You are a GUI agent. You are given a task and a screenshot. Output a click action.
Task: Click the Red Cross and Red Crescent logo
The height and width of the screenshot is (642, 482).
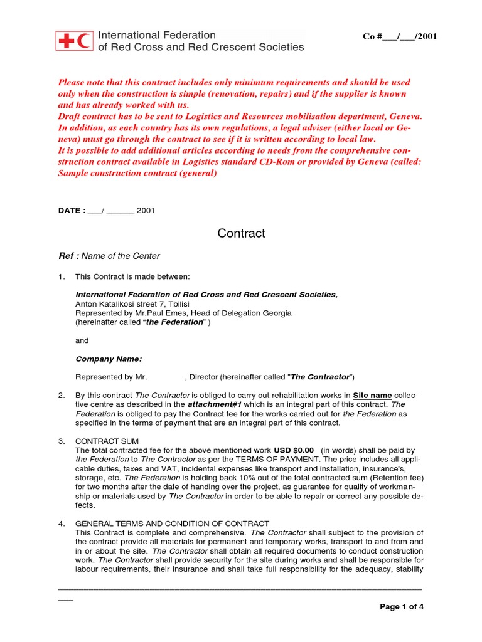[75, 41]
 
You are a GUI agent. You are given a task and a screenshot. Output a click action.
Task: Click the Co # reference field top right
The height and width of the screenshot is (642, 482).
[400, 36]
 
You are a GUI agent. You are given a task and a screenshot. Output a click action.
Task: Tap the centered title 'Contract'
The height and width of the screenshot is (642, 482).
[241, 233]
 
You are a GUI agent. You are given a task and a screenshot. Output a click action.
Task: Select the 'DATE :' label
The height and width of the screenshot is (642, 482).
[72, 211]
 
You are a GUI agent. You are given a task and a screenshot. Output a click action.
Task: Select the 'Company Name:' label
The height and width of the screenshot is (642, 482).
[109, 359]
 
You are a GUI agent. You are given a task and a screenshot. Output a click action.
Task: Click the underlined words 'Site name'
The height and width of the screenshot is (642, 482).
[372, 396]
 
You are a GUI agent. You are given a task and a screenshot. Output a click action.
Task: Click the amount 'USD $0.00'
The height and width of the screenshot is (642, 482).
[294, 451]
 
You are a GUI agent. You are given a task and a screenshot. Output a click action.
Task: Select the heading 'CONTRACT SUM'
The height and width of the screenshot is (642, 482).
[107, 441]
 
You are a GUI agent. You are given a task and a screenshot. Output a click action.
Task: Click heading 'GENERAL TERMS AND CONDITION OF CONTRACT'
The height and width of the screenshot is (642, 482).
[172, 524]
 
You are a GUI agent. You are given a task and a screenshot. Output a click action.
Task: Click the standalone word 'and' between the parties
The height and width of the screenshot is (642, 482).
[82, 340]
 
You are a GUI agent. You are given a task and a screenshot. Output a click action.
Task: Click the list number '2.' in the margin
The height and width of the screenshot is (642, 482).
[62, 396]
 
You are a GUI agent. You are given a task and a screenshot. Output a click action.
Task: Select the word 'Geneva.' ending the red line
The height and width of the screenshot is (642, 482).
[406, 117]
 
